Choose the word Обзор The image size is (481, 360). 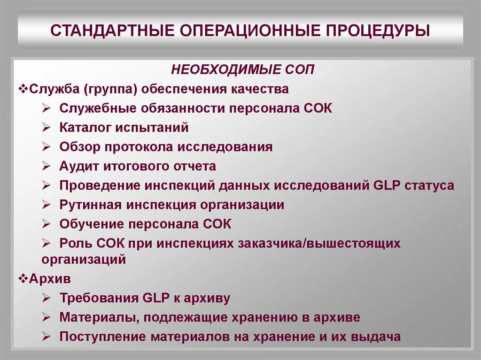click(80, 147)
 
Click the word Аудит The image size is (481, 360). click(78, 166)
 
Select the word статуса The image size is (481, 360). click(428, 185)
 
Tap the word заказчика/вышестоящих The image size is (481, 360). click(319, 244)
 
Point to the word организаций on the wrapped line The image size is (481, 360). click(84, 259)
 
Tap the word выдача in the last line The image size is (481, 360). click(380, 337)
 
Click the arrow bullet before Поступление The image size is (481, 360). click(46, 337)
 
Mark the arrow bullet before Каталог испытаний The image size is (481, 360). click(46, 127)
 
